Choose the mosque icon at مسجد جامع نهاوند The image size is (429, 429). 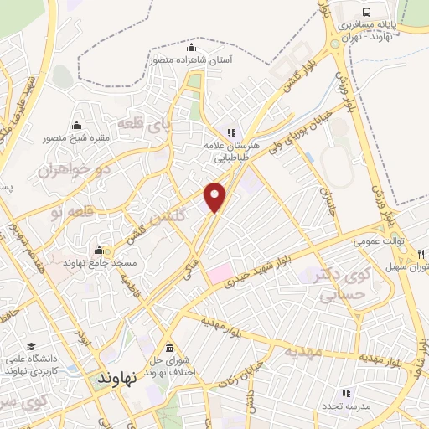99,250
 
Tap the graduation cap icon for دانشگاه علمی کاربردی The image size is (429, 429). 31,346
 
